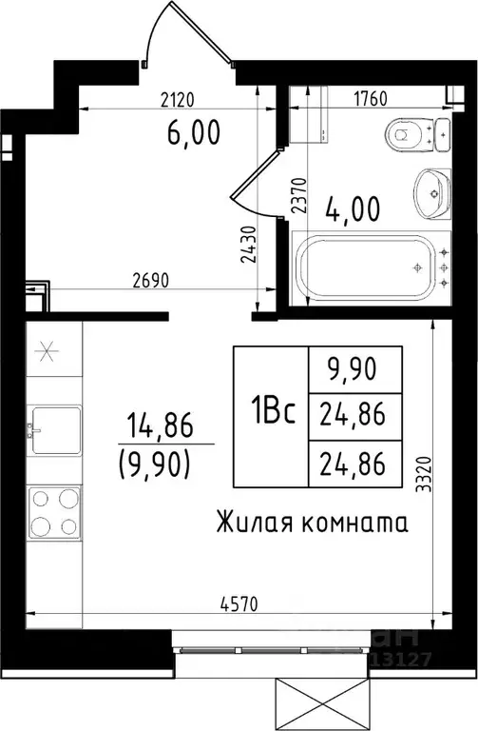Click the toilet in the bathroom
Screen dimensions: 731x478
pyautogui.click(x=411, y=136)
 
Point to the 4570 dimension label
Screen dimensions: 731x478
pyautogui.click(x=238, y=603)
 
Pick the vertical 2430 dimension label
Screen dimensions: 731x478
pyautogui.click(x=246, y=245)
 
